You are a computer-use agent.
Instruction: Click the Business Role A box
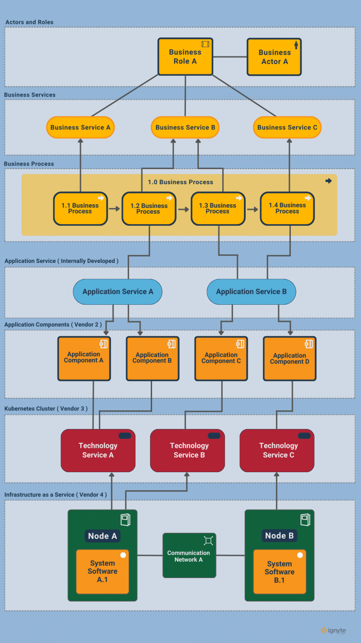pos(185,57)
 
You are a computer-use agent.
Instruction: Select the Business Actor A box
pos(274,57)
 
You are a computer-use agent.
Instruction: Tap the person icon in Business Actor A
pos(296,45)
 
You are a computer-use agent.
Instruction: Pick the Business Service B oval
pos(185,127)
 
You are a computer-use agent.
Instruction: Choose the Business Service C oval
pos(287,127)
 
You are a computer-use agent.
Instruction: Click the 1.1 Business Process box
pos(80,208)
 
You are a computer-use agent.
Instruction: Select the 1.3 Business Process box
pos(217,208)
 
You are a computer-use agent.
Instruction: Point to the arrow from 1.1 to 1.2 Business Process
pos(114,208)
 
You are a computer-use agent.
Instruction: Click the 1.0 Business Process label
pos(180,182)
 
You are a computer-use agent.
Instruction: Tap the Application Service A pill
pos(117,292)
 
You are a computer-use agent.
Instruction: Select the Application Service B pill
pos(251,292)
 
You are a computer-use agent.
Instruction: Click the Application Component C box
pos(221,358)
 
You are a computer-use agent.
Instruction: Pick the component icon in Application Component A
pos(104,344)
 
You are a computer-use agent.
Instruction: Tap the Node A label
pos(102,536)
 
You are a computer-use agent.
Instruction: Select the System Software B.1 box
pos(280,572)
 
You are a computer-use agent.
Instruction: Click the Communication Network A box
pos(189,556)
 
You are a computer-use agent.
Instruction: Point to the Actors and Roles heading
pos(29,22)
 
